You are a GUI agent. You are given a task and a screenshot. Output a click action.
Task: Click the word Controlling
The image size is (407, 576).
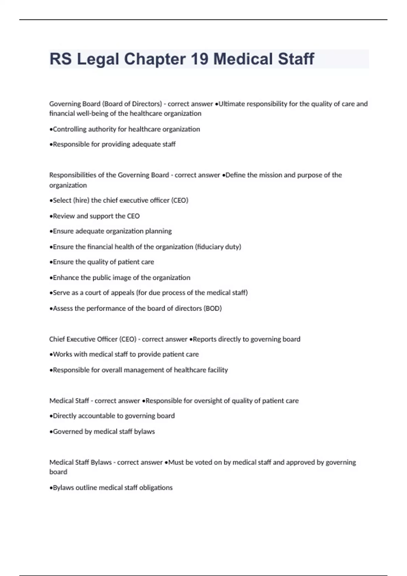70,129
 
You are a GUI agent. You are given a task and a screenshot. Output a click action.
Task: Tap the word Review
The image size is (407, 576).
64,216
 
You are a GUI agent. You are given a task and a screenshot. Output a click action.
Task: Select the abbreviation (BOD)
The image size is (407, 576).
213,308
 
